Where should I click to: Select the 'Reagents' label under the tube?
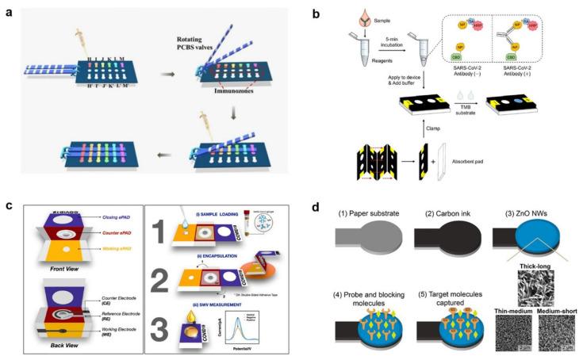(359, 68)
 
